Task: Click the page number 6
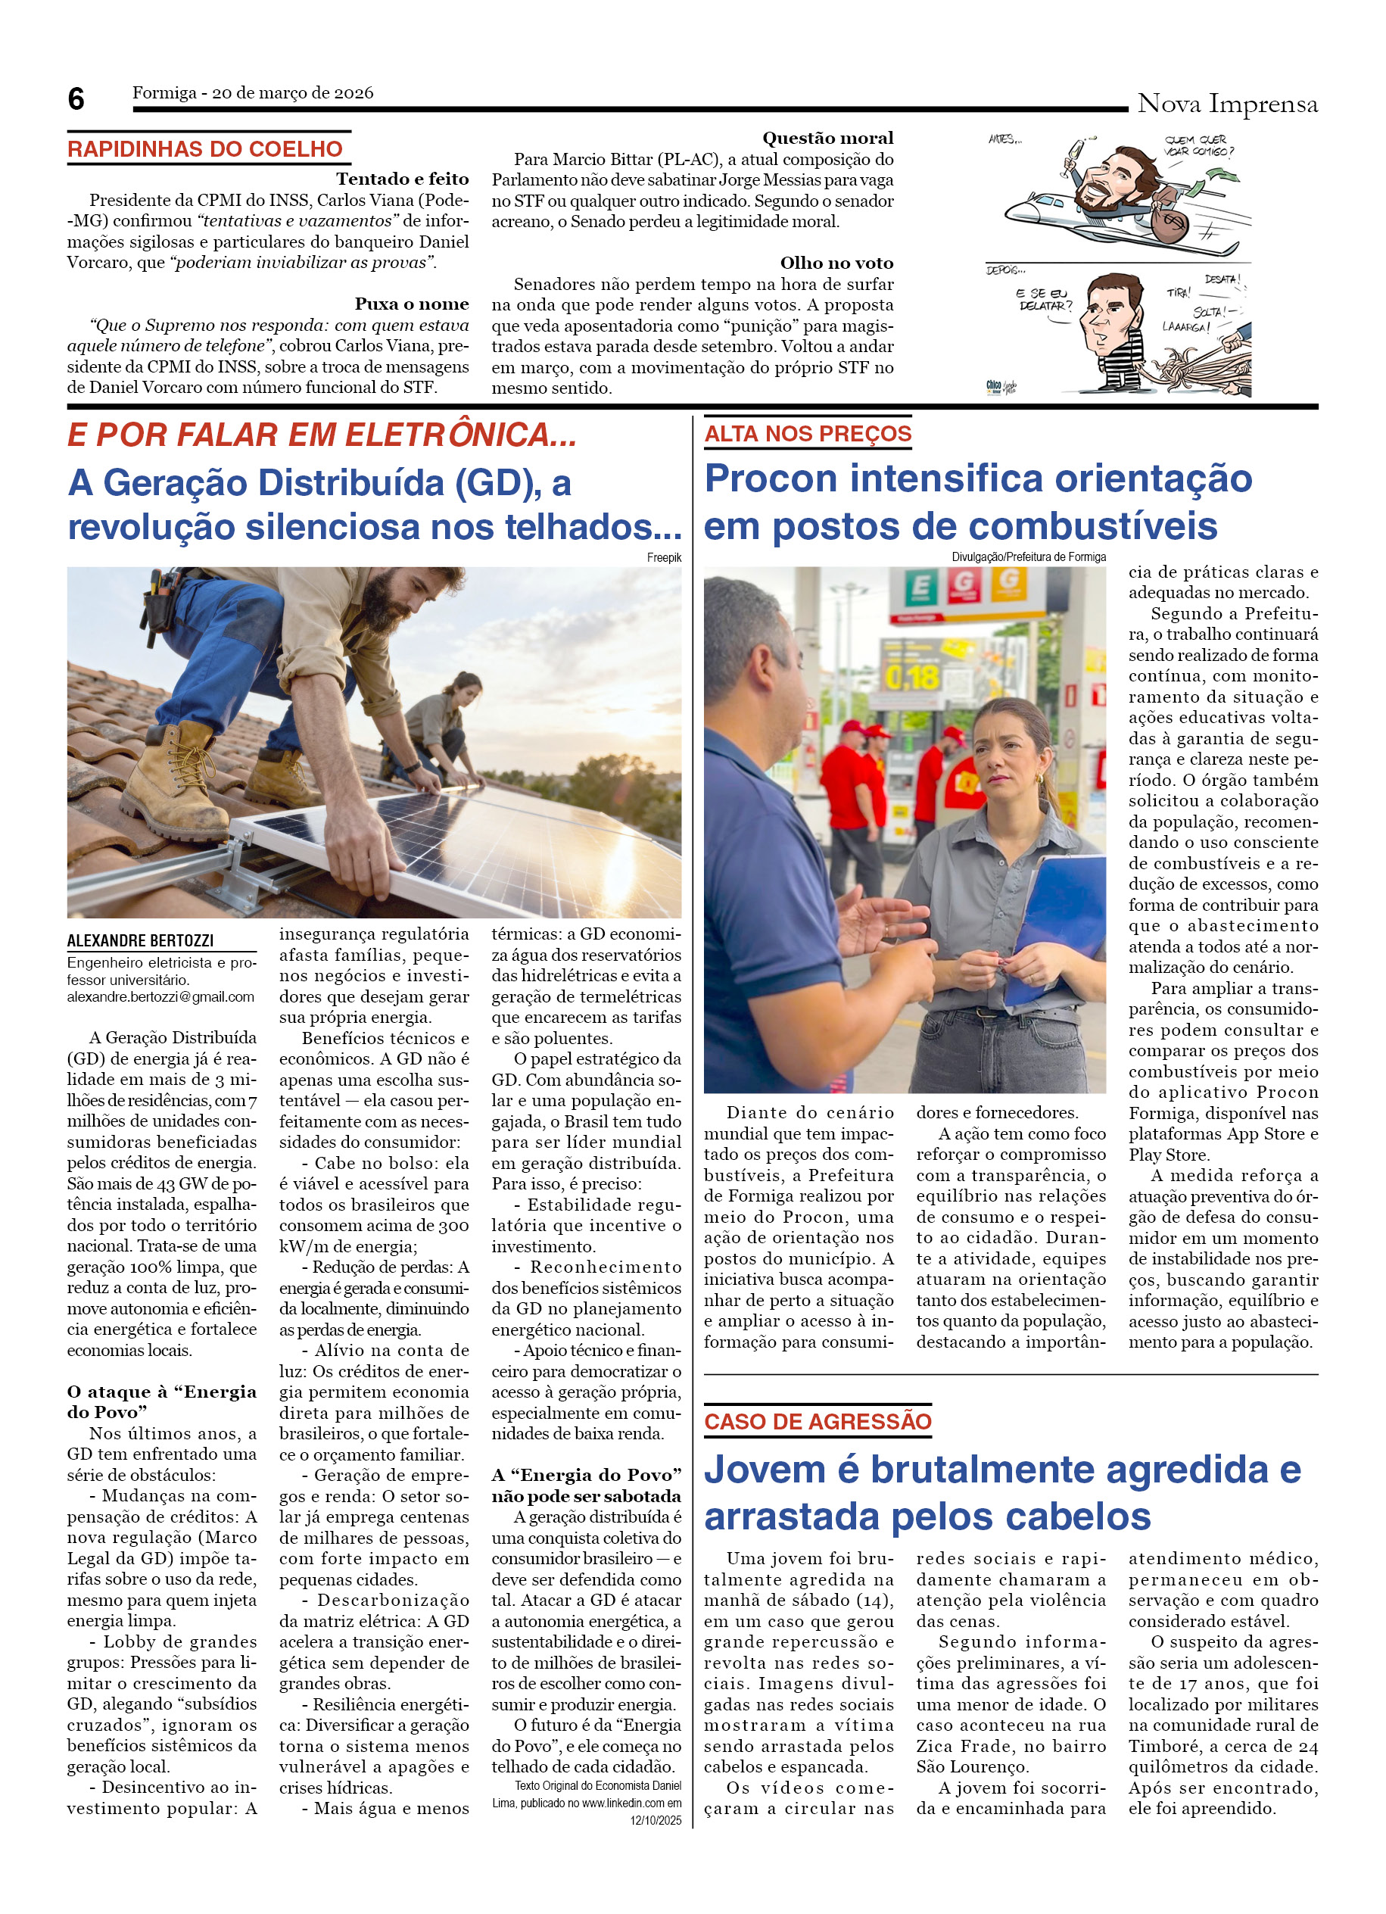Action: click(76, 100)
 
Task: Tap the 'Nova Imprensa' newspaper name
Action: click(1226, 104)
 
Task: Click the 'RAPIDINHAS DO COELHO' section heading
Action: click(205, 149)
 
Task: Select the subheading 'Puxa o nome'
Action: click(412, 304)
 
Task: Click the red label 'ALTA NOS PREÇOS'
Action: click(808, 434)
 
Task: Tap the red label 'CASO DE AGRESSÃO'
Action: click(818, 1422)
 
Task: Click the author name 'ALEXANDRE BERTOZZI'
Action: click(140, 941)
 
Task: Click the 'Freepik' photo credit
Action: click(664, 558)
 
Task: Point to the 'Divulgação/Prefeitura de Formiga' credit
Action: click(1028, 557)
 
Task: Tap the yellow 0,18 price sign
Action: click(912, 677)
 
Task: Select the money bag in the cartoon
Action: click(1168, 224)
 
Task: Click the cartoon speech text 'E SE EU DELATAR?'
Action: click(1044, 300)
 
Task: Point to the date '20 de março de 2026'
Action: click(293, 93)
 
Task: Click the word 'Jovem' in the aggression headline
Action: click(765, 1470)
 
